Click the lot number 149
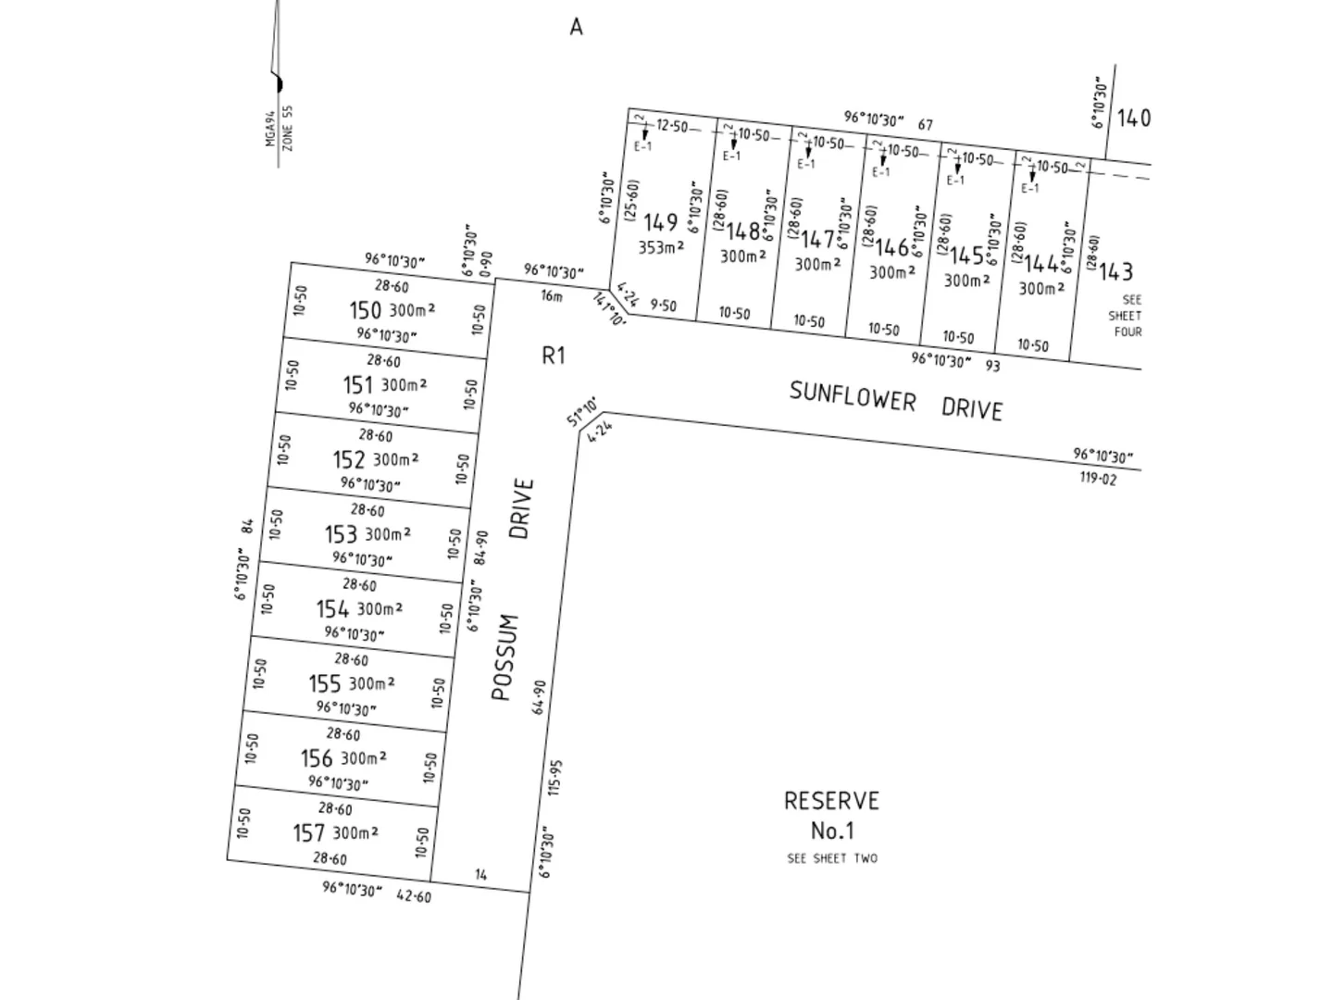[x=660, y=222]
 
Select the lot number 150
[x=365, y=310]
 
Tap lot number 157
[x=309, y=833]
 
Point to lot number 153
[x=341, y=535]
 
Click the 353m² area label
[x=661, y=247]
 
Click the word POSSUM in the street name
[x=502, y=657]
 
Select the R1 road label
[x=553, y=356]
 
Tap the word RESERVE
[x=831, y=801]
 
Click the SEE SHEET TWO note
[x=831, y=858]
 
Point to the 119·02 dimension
[x=1097, y=479]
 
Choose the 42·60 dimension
[x=413, y=895]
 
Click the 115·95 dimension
[x=554, y=778]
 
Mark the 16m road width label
[x=551, y=296]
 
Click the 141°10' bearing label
[x=608, y=310]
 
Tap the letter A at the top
[x=576, y=27]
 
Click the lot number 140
[x=1134, y=118]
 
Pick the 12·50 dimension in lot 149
[x=672, y=126]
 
